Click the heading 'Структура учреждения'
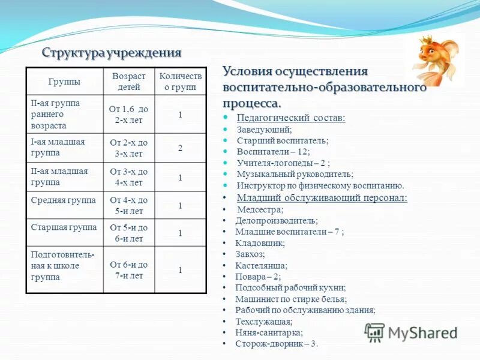tap(112, 53)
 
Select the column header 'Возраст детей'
tap(129, 82)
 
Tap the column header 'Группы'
tap(64, 82)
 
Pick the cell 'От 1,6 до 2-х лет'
tap(129, 115)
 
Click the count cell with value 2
tap(180, 147)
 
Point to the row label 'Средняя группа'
tap(63, 200)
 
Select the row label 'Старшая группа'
tap(64, 227)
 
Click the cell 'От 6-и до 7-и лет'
tap(129, 270)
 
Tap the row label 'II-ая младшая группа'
tap(59, 176)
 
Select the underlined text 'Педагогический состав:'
tap(291, 118)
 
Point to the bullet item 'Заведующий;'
tap(265, 129)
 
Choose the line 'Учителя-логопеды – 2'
tap(283, 163)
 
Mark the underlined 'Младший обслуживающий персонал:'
tap(322, 197)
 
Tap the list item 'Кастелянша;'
tap(261, 265)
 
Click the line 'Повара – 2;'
tap(258, 277)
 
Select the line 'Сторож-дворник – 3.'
tap(277, 344)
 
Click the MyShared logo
tap(411, 332)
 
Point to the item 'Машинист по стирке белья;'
tap(291, 299)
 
